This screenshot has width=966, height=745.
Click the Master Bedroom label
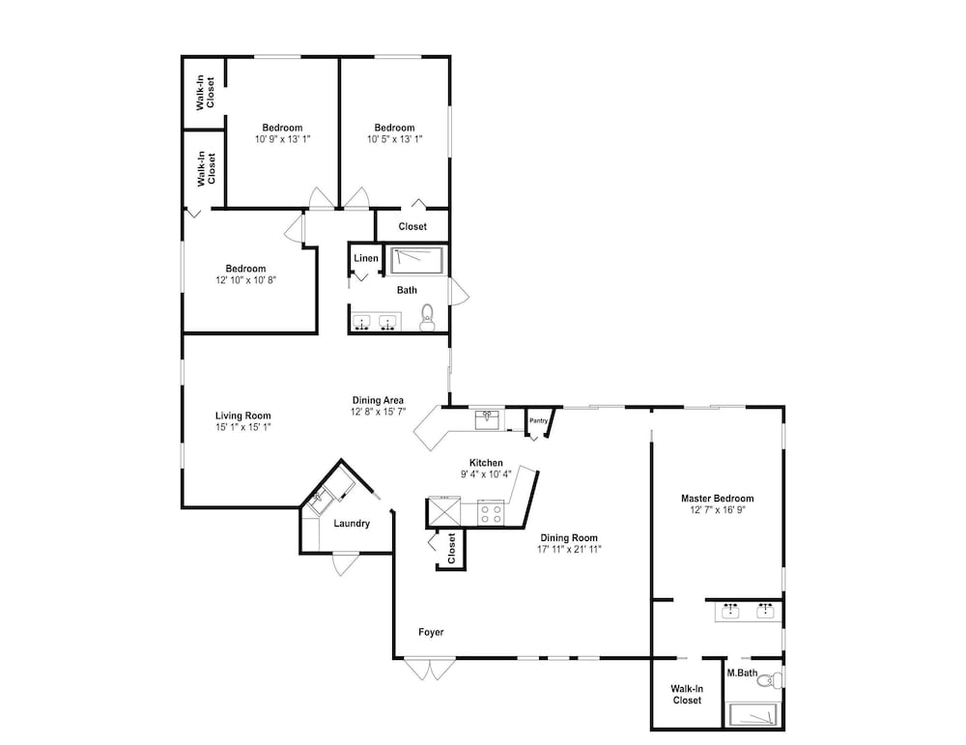717,499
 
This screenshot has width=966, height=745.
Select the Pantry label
538,420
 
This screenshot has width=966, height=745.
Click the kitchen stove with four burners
491,514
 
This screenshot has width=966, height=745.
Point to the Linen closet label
366,258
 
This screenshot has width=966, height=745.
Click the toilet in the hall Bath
427,318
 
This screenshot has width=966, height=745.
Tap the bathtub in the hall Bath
417,261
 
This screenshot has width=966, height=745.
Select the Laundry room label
352,524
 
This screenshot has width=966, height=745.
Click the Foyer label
431,632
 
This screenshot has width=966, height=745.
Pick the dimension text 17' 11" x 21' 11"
569,549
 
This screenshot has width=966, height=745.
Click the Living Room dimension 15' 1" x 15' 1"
243,427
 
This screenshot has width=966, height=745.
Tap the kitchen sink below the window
490,419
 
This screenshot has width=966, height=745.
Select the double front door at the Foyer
430,670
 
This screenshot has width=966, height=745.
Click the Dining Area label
378,401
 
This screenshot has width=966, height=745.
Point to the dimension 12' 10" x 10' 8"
245,280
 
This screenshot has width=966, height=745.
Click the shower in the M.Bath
754,715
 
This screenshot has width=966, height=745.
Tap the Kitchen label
486,463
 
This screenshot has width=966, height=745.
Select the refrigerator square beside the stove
444,512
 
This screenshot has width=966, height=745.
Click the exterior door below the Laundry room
346,564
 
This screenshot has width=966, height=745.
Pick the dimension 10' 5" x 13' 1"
395,139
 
